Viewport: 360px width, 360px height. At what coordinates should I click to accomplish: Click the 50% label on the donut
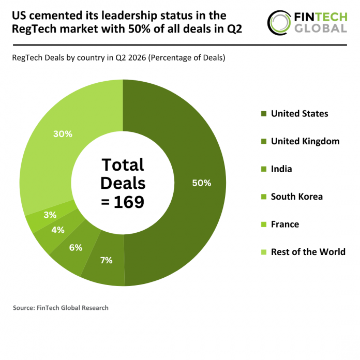(x=202, y=183)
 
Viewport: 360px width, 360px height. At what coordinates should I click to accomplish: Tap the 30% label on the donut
(x=63, y=134)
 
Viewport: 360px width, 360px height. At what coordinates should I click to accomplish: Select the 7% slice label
(x=107, y=260)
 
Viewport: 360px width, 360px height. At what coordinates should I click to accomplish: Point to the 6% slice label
(x=76, y=247)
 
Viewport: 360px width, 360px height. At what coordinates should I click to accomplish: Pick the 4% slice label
(x=58, y=230)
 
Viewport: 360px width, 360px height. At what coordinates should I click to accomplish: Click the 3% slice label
(x=50, y=215)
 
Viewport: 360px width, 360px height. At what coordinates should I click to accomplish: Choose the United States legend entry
(x=295, y=114)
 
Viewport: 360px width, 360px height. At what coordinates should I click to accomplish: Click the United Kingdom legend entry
(x=301, y=141)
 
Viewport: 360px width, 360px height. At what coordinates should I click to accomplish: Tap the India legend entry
(x=277, y=169)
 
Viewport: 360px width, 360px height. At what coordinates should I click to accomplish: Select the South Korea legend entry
(x=292, y=197)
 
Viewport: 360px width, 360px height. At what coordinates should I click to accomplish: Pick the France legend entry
(x=280, y=224)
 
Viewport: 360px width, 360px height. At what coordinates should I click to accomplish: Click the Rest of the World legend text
(x=308, y=252)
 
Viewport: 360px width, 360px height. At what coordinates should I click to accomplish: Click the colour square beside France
(x=264, y=224)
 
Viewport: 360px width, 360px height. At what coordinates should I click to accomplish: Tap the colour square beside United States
(x=264, y=114)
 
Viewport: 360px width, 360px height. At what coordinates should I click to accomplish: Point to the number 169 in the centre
(x=129, y=202)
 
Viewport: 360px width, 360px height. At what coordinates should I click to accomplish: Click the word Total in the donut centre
(x=123, y=165)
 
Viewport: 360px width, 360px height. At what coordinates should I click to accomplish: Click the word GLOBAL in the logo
(x=321, y=28)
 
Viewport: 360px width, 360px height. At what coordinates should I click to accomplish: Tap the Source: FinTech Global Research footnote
(x=61, y=308)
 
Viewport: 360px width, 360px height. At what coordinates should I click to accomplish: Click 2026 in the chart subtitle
(x=137, y=57)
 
